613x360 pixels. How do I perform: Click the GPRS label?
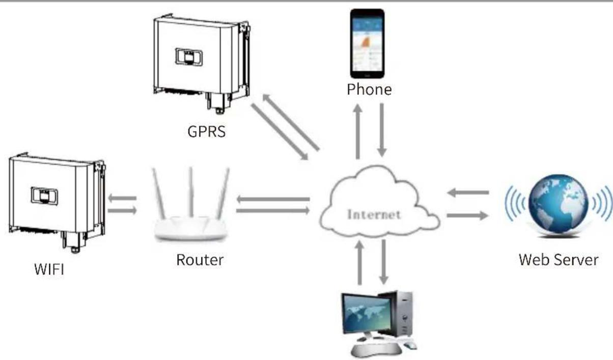(207, 132)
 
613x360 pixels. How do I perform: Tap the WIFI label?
(49, 269)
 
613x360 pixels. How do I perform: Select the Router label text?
(200, 260)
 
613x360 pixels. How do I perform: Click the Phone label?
(369, 90)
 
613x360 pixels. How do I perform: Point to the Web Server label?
(559, 260)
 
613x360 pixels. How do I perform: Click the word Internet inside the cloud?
(374, 215)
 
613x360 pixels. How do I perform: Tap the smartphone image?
(367, 43)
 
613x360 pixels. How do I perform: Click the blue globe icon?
(558, 204)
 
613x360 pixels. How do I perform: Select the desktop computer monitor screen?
(367, 314)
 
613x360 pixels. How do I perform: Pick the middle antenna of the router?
(191, 192)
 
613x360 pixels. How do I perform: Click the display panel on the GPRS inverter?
(189, 57)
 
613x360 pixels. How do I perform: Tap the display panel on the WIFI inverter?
(44, 196)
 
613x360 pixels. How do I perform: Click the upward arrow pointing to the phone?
(358, 132)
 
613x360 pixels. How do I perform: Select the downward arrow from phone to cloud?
(382, 130)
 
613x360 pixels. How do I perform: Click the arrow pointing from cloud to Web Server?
(467, 215)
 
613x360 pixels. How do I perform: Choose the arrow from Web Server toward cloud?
(468, 193)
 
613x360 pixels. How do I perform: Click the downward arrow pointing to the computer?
(384, 262)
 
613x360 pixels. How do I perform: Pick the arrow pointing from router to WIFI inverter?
(122, 198)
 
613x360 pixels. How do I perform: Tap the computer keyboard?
(376, 350)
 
